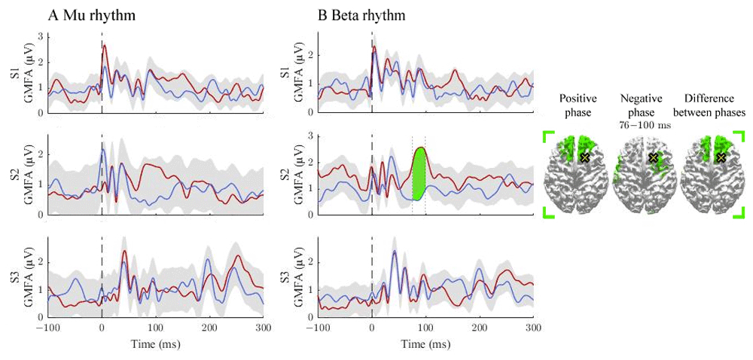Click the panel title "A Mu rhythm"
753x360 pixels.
pyautogui.click(x=91, y=16)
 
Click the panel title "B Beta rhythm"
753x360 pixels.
pyautogui.click(x=361, y=16)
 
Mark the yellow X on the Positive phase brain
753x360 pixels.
pyautogui.click(x=584, y=157)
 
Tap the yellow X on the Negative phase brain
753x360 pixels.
pyautogui.click(x=653, y=157)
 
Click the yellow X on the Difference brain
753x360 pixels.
pyautogui.click(x=721, y=157)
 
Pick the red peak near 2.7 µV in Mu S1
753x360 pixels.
pyautogui.click(x=104, y=45)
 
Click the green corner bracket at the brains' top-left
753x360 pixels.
pyautogui.click(x=548, y=135)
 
